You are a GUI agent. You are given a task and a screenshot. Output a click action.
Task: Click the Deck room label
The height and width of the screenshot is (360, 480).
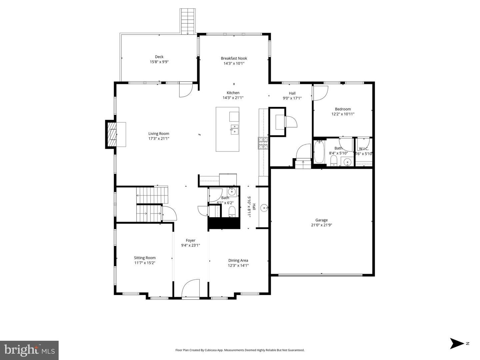click(x=159, y=57)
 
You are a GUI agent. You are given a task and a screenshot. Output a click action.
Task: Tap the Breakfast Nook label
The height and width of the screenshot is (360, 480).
click(x=234, y=59)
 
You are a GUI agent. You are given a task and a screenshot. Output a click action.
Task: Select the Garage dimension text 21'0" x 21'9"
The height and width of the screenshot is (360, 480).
click(x=321, y=225)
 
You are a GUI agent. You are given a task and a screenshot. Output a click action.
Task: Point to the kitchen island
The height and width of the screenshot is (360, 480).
click(x=227, y=129)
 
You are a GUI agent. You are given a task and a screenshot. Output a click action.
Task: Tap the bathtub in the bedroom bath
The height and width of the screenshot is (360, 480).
click(x=319, y=152)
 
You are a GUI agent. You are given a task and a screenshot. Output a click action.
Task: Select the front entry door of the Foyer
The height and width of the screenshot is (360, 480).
click(x=190, y=288)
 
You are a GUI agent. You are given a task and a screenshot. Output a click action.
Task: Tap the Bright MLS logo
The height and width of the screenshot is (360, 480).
click(x=29, y=350)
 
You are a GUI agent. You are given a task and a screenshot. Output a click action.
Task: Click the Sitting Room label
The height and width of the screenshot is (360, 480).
click(x=145, y=258)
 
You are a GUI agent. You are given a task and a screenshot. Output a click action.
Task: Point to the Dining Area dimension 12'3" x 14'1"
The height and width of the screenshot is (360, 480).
click(x=238, y=265)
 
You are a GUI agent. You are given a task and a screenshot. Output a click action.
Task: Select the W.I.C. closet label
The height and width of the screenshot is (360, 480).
click(x=363, y=149)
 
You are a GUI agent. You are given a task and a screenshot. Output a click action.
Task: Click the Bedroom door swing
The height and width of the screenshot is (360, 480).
click(x=320, y=93)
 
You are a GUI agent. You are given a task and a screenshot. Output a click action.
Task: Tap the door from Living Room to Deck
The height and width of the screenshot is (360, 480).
click(x=185, y=90)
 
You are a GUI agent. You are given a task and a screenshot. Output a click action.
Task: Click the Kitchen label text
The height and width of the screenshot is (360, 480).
click(x=233, y=93)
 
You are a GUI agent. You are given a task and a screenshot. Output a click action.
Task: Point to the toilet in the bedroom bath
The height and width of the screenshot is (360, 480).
click(x=334, y=161)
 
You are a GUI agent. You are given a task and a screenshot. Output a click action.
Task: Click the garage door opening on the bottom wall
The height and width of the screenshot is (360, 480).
click(x=320, y=275)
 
